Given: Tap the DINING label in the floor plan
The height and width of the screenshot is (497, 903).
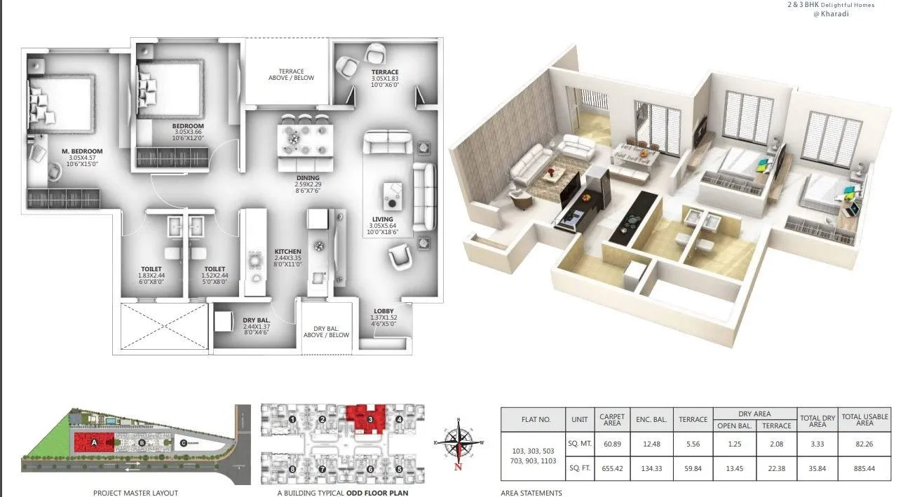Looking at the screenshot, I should (x=307, y=178).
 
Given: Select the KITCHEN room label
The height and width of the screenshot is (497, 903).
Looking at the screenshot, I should (x=287, y=252).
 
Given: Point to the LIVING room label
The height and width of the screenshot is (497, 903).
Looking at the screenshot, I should (x=382, y=218).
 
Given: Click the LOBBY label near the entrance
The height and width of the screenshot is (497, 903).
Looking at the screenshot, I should (x=383, y=311).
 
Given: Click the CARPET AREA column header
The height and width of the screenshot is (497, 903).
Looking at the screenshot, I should (x=612, y=420).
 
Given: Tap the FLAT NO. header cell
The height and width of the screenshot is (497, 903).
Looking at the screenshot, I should (x=536, y=420).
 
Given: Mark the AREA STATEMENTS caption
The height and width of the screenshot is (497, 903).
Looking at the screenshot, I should (x=531, y=493).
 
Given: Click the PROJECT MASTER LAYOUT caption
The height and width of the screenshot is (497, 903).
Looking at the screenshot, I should (x=135, y=493).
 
